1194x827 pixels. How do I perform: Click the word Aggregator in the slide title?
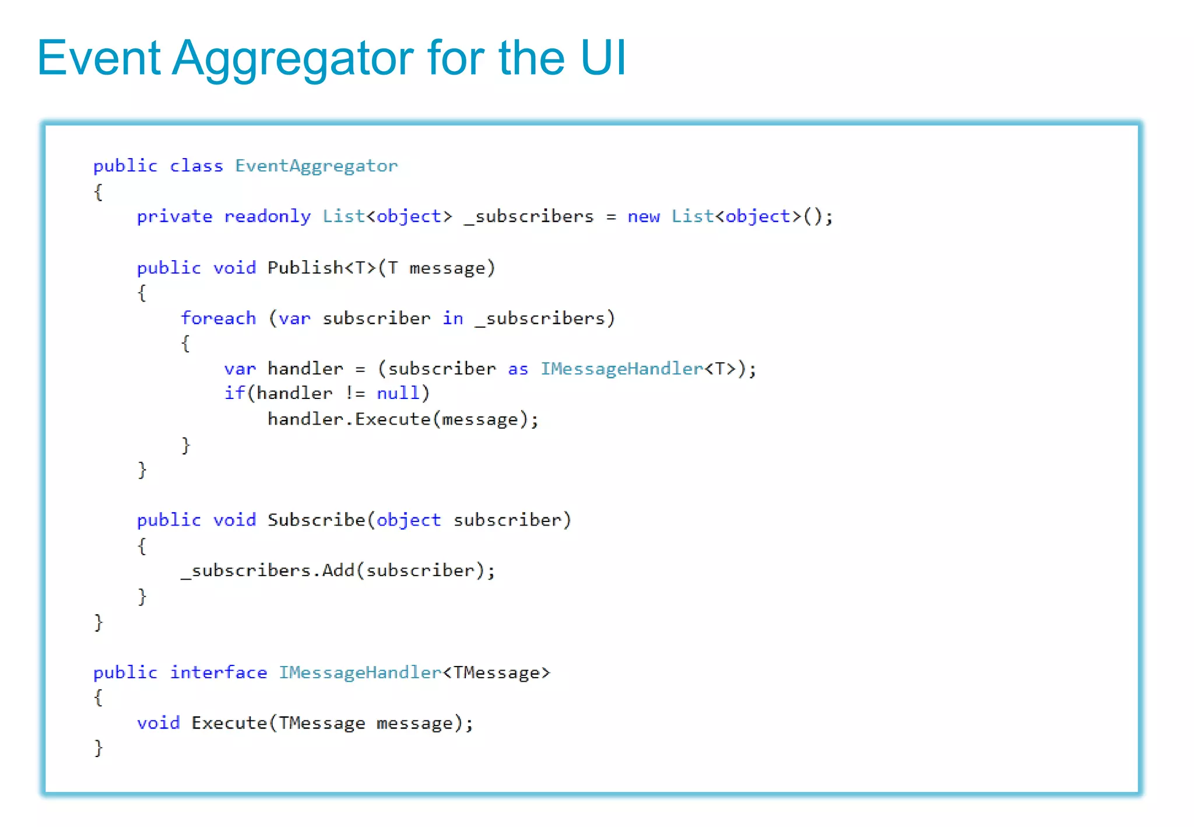292,59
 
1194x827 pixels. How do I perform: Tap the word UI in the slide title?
603,58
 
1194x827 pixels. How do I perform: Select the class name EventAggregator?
316,166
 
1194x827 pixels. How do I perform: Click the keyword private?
174,217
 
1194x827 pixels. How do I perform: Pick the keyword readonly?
267,217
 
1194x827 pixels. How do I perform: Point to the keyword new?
643,217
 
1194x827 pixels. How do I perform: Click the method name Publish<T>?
321,268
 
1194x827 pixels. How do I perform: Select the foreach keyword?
218,318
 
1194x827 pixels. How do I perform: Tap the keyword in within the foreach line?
452,318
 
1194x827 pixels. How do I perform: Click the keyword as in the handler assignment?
518,369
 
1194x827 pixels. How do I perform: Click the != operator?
354,394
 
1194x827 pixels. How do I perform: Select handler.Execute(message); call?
403,419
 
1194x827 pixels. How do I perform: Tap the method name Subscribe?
316,520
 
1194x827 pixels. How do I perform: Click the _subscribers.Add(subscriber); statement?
338,570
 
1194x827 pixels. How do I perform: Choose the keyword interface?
218,672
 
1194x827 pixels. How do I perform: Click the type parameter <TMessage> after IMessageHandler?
496,672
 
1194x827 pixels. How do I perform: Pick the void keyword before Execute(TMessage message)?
158,723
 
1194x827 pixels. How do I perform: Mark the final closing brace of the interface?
99,748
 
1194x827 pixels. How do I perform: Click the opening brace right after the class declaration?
99,192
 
